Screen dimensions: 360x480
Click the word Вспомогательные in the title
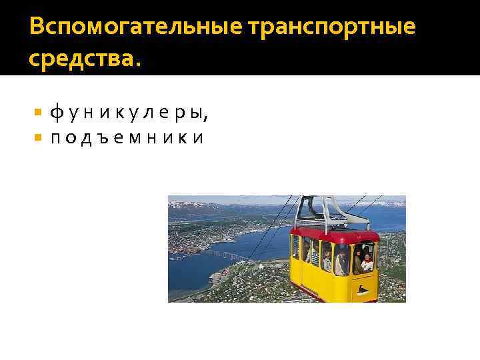pyautogui.click(x=135, y=27)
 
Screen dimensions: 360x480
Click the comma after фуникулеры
pyautogui.click(x=206, y=119)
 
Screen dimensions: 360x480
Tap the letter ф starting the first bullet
pyautogui.click(x=56, y=115)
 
